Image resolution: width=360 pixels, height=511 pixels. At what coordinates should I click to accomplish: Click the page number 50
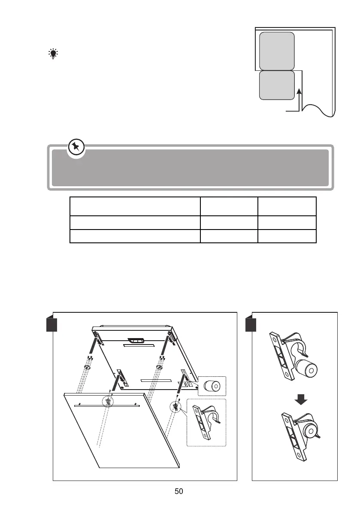pyautogui.click(x=179, y=491)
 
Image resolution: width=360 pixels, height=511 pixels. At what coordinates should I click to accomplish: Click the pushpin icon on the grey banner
pyautogui.click(x=76, y=148)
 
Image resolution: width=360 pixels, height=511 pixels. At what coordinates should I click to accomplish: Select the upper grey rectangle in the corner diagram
pyautogui.click(x=277, y=51)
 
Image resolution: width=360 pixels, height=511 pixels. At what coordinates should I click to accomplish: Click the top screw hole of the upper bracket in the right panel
pyautogui.click(x=272, y=337)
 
